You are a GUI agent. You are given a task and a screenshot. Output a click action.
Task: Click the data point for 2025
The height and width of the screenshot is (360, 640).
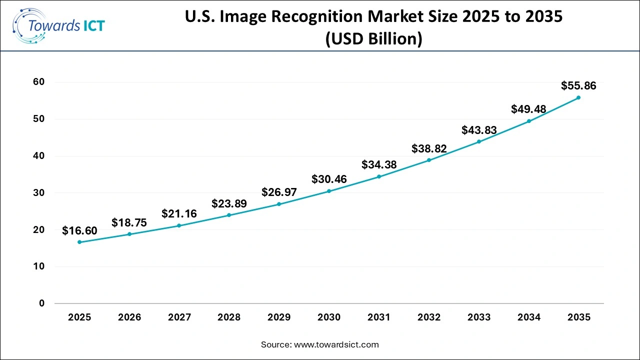pyautogui.click(x=79, y=242)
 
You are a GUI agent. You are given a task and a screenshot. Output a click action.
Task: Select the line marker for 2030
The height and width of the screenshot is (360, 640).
pyautogui.click(x=329, y=191)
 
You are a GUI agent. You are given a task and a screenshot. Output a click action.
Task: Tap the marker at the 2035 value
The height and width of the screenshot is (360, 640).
pyautogui.click(x=578, y=97)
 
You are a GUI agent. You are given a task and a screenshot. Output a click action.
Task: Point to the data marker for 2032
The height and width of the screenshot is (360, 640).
pyautogui.click(x=429, y=160)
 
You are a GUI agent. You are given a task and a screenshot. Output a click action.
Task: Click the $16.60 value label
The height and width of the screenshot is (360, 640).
pyautogui.click(x=79, y=230)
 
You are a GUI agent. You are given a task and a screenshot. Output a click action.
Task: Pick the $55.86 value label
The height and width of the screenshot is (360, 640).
pyautogui.click(x=578, y=85)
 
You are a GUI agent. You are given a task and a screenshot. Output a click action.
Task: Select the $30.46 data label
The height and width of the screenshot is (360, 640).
pyautogui.click(x=329, y=179)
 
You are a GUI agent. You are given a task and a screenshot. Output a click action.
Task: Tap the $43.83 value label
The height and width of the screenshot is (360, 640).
pyautogui.click(x=478, y=130)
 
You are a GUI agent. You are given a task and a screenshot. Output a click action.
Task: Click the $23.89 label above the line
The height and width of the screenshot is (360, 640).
pyautogui.click(x=229, y=203)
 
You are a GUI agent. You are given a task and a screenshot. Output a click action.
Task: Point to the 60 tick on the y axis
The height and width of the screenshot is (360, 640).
pyautogui.click(x=39, y=82)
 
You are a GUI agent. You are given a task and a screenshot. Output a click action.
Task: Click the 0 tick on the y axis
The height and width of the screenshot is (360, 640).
pyautogui.click(x=42, y=303)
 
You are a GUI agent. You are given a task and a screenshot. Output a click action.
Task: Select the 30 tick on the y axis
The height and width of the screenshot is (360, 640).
pyautogui.click(x=39, y=193)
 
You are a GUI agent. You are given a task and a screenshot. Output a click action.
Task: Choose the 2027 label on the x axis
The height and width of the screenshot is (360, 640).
pyautogui.click(x=179, y=317)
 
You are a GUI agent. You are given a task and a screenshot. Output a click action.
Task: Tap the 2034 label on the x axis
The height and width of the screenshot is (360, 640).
pyautogui.click(x=528, y=317)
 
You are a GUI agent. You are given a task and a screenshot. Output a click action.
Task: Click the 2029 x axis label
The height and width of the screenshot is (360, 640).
pyautogui.click(x=279, y=317)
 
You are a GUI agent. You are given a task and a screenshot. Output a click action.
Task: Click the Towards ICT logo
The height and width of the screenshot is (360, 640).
pyautogui.click(x=59, y=25)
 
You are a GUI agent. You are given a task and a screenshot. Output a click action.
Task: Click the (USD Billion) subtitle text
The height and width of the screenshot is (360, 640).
pyautogui.click(x=373, y=38)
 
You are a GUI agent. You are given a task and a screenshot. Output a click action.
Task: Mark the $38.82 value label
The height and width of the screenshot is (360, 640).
pyautogui.click(x=429, y=148)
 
